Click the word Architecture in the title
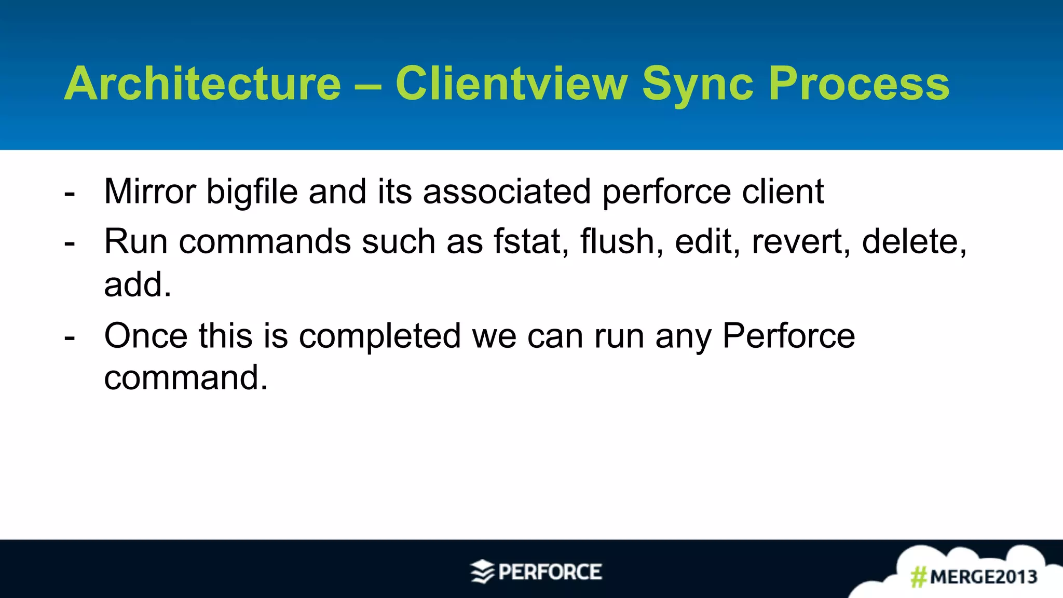click(x=202, y=84)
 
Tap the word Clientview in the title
click(x=511, y=84)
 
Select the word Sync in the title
click(x=698, y=84)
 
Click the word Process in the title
click(x=859, y=84)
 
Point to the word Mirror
click(x=149, y=192)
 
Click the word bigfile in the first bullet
click(x=252, y=192)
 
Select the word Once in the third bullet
click(x=146, y=336)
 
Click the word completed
click(x=379, y=336)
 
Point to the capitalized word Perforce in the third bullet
click(x=788, y=336)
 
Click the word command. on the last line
click(x=185, y=377)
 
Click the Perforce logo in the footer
click(x=537, y=572)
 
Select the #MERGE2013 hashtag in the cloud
click(x=974, y=577)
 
